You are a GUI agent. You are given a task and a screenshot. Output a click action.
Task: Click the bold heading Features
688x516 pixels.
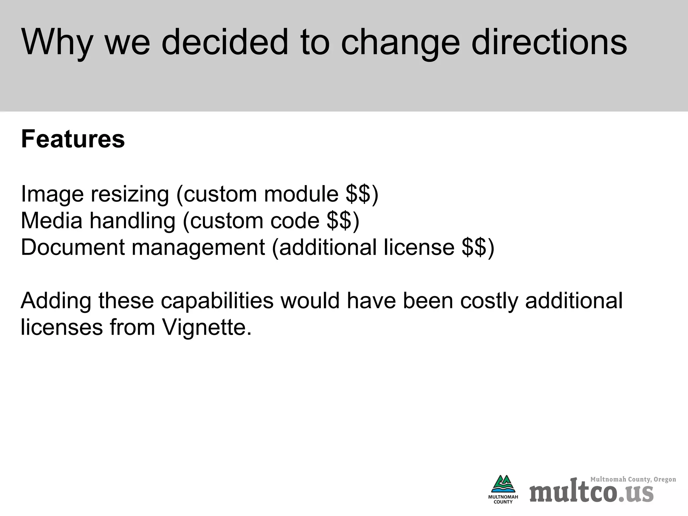point(73,139)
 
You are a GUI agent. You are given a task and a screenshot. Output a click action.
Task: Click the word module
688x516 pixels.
point(301,194)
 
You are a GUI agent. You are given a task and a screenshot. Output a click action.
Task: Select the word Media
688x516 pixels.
point(51,221)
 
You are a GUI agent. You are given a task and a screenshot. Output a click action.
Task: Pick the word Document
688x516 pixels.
point(73,247)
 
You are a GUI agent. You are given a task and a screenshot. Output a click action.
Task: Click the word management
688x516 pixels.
point(198,248)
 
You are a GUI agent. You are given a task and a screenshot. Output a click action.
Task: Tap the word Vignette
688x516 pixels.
point(206,327)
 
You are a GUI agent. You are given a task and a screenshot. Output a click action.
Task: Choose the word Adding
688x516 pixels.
point(56,301)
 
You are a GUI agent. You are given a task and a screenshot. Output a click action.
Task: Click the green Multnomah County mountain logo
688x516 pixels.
point(503,485)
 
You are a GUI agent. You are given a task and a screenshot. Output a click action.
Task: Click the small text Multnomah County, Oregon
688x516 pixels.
point(633,479)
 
